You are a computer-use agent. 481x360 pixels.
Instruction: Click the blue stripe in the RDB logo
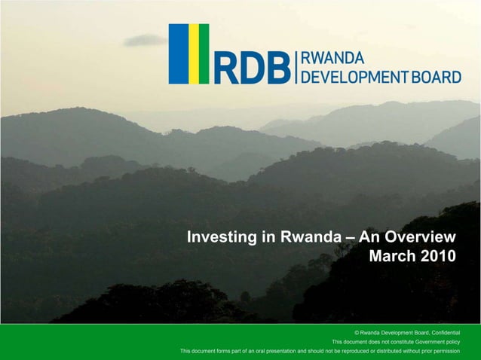[x=178, y=53]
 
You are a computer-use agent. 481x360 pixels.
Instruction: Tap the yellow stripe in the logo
[x=193, y=53]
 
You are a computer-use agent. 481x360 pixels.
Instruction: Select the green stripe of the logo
[x=204, y=53]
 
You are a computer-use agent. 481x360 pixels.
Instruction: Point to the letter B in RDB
[x=277, y=69]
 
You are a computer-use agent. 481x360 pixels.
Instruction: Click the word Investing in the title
[x=222, y=238]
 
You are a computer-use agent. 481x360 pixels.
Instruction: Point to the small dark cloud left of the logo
[x=144, y=41]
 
